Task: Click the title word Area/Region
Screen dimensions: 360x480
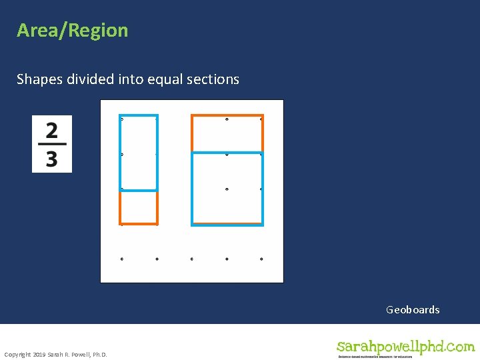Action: click(72, 31)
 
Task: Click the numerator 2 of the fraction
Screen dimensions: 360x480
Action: click(52, 130)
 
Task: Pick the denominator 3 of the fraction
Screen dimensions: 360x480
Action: click(52, 159)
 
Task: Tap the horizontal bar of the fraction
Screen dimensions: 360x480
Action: click(52, 145)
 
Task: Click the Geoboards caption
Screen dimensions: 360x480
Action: click(413, 309)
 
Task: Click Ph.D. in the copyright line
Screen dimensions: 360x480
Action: click(98, 354)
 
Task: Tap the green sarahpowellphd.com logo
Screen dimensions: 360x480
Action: click(405, 347)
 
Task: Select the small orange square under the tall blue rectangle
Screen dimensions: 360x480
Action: click(139, 207)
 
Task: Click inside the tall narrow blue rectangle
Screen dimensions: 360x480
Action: click(139, 153)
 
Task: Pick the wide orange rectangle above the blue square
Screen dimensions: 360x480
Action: click(227, 133)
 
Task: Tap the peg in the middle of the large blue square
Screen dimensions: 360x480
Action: click(227, 189)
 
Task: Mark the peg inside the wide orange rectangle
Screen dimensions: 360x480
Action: click(227, 119)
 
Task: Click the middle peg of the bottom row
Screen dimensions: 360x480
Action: click(192, 259)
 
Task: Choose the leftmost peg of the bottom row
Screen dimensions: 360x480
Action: click(121, 259)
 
